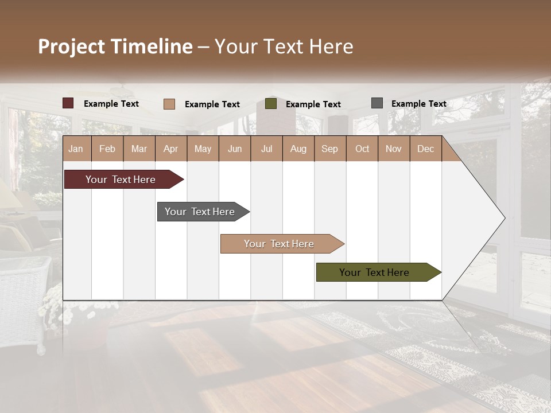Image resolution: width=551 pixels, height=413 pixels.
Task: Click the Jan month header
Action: coord(76,149)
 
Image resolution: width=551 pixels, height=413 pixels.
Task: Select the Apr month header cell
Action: coord(171,149)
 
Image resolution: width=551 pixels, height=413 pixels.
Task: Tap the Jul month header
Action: coord(266,149)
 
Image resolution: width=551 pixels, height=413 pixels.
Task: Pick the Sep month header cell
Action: coord(330,149)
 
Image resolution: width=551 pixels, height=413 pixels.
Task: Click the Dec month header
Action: coord(425,149)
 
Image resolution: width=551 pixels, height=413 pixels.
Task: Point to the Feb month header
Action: coord(107,149)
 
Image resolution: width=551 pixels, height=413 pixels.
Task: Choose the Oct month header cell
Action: coord(362,149)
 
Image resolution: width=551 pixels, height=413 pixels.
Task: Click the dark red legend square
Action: coord(68,103)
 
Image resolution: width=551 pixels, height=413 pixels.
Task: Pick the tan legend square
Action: coord(169,104)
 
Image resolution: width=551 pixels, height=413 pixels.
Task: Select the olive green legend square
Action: coord(271,104)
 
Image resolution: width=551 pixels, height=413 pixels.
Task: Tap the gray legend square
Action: coord(377,103)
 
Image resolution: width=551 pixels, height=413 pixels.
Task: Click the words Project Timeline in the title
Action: coord(115,46)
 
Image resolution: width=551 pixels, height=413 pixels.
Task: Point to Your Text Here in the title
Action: coord(284,46)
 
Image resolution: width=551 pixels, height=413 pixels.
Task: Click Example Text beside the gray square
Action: coord(418,104)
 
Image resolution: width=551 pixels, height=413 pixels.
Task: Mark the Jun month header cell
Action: coord(235,149)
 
